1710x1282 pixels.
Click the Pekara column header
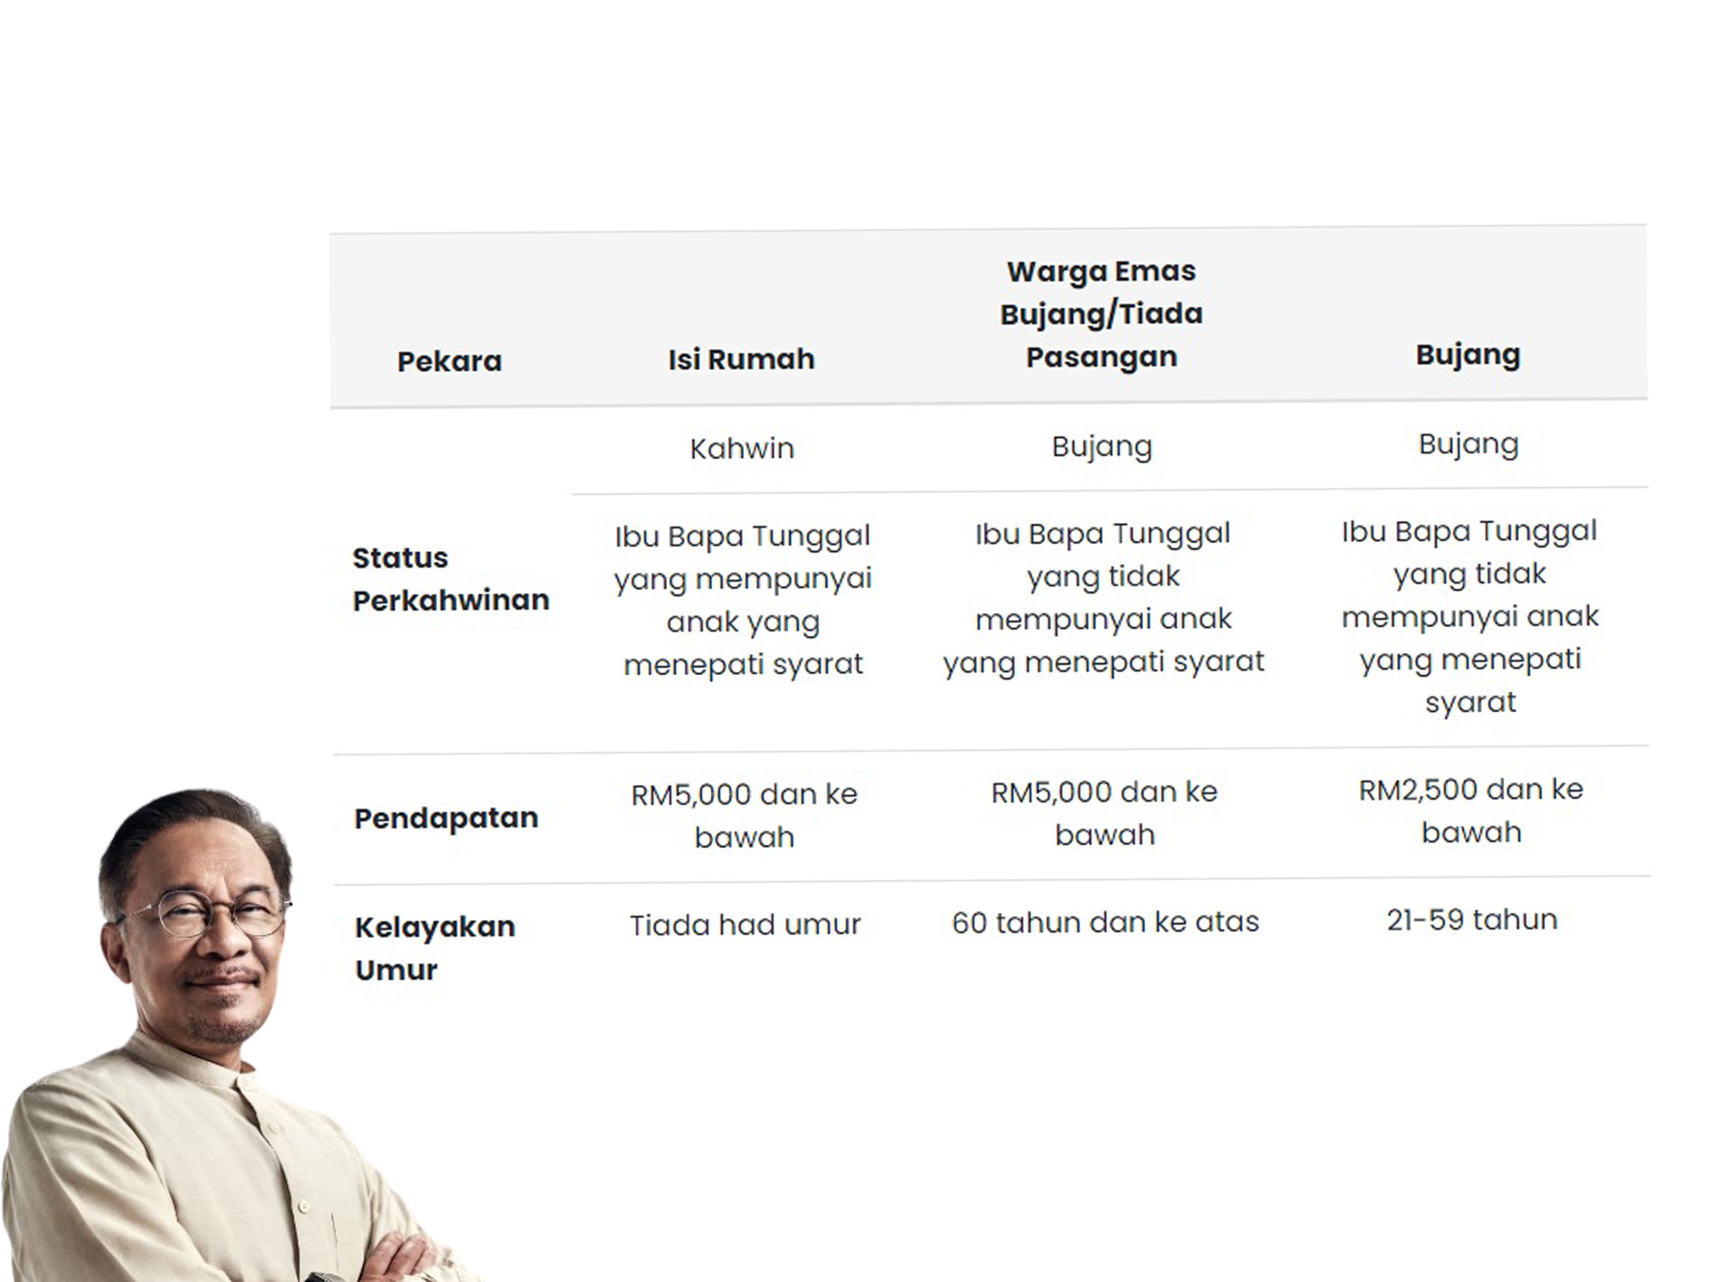(449, 361)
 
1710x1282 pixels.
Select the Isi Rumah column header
(741, 359)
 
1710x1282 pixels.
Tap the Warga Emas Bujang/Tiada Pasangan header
(1101, 314)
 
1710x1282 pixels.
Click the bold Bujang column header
(1468, 355)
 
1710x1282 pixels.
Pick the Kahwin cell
(742, 449)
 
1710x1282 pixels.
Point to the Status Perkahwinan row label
(451, 579)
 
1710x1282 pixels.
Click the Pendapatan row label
(446, 818)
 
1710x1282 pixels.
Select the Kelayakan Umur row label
(434, 948)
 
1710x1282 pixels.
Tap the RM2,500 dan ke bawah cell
(1471, 811)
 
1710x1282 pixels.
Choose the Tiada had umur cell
(745, 925)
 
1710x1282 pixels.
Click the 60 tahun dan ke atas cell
(1105, 922)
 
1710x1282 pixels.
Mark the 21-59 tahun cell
(1472, 920)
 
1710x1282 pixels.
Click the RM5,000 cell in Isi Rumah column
(744, 815)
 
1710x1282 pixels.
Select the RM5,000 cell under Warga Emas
(1105, 812)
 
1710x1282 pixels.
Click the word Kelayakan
(434, 927)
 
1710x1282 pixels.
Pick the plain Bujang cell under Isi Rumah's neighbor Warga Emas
(1102, 447)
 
